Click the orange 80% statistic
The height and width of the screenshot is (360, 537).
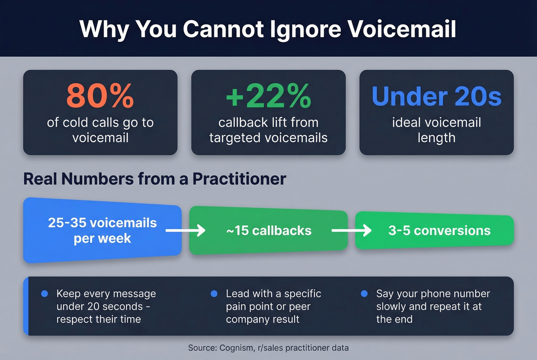tap(100, 96)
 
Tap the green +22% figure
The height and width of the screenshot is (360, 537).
tap(268, 96)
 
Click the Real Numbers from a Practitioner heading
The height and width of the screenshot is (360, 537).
tap(155, 179)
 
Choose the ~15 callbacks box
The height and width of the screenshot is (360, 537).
tap(268, 230)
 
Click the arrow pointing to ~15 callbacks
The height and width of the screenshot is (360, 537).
tap(186, 230)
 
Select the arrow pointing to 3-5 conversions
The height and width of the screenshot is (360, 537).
tap(351, 230)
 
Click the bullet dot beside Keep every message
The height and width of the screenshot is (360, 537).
tap(44, 294)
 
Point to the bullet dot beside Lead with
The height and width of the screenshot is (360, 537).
tap(214, 294)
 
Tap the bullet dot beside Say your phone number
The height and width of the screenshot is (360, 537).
tap(364, 294)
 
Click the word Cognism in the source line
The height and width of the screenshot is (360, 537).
tap(237, 348)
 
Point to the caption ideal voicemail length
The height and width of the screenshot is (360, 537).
tap(437, 130)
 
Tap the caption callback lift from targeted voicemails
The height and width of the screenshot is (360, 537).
tap(268, 130)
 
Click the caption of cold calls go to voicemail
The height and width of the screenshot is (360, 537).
tap(100, 130)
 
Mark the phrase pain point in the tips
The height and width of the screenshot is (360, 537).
tap(248, 307)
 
